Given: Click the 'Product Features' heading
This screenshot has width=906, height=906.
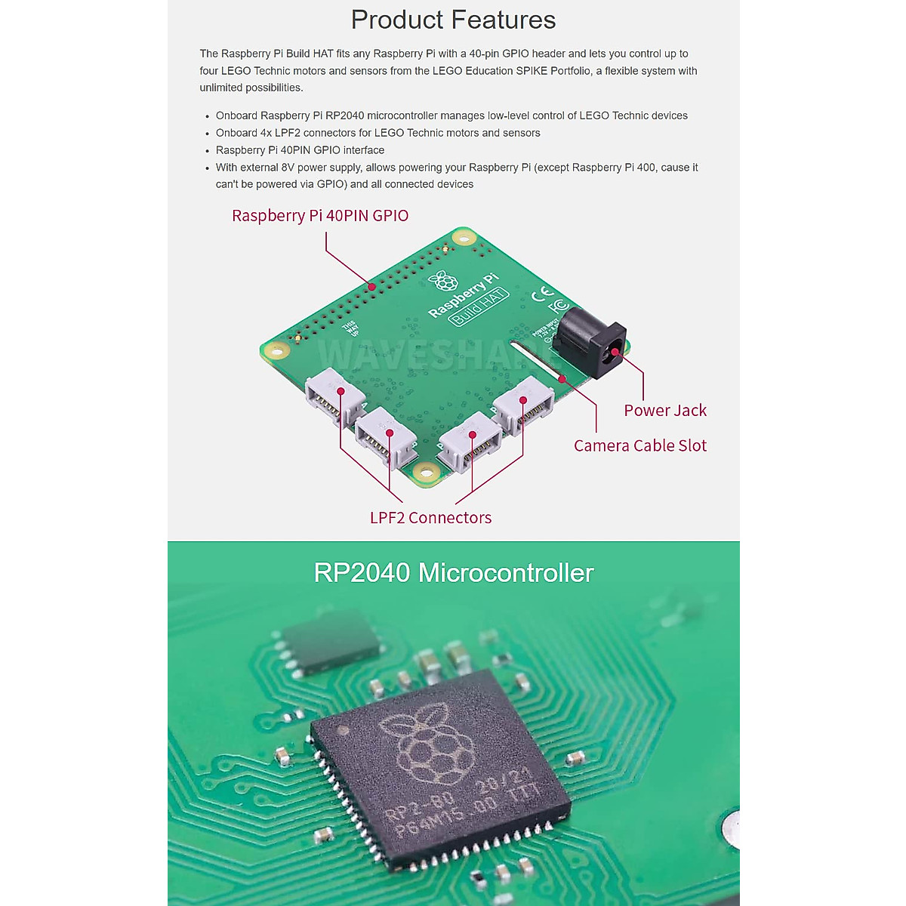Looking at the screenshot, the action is (453, 20).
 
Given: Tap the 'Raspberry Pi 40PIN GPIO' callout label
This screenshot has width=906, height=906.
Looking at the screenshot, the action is (320, 216).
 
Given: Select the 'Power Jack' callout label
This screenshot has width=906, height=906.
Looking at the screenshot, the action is (665, 411).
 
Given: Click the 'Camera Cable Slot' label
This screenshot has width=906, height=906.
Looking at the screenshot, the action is (640, 446).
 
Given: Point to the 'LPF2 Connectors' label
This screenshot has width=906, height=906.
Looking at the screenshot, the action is (430, 518).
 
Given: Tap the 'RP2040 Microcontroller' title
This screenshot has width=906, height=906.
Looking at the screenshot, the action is (453, 573).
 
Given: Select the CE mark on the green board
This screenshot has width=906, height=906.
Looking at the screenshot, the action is (542, 294).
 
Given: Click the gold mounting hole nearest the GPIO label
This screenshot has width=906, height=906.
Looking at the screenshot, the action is (463, 239).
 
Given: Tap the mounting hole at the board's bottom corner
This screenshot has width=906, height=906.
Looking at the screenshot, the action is (427, 474).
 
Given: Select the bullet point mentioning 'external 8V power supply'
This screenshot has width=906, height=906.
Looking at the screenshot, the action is (457, 176).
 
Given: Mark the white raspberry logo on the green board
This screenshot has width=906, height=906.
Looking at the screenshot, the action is (444, 282).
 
